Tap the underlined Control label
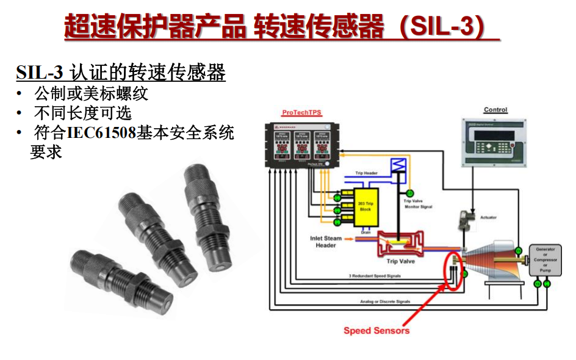pyautogui.click(x=495, y=110)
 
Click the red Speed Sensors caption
pyautogui.click(x=376, y=331)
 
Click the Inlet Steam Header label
pyautogui.click(x=326, y=242)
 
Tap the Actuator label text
pyautogui.click(x=488, y=217)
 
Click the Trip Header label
pyautogui.click(x=366, y=173)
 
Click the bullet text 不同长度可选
pyautogui.click(x=83, y=113)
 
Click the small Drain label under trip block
pyautogui.click(x=365, y=232)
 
